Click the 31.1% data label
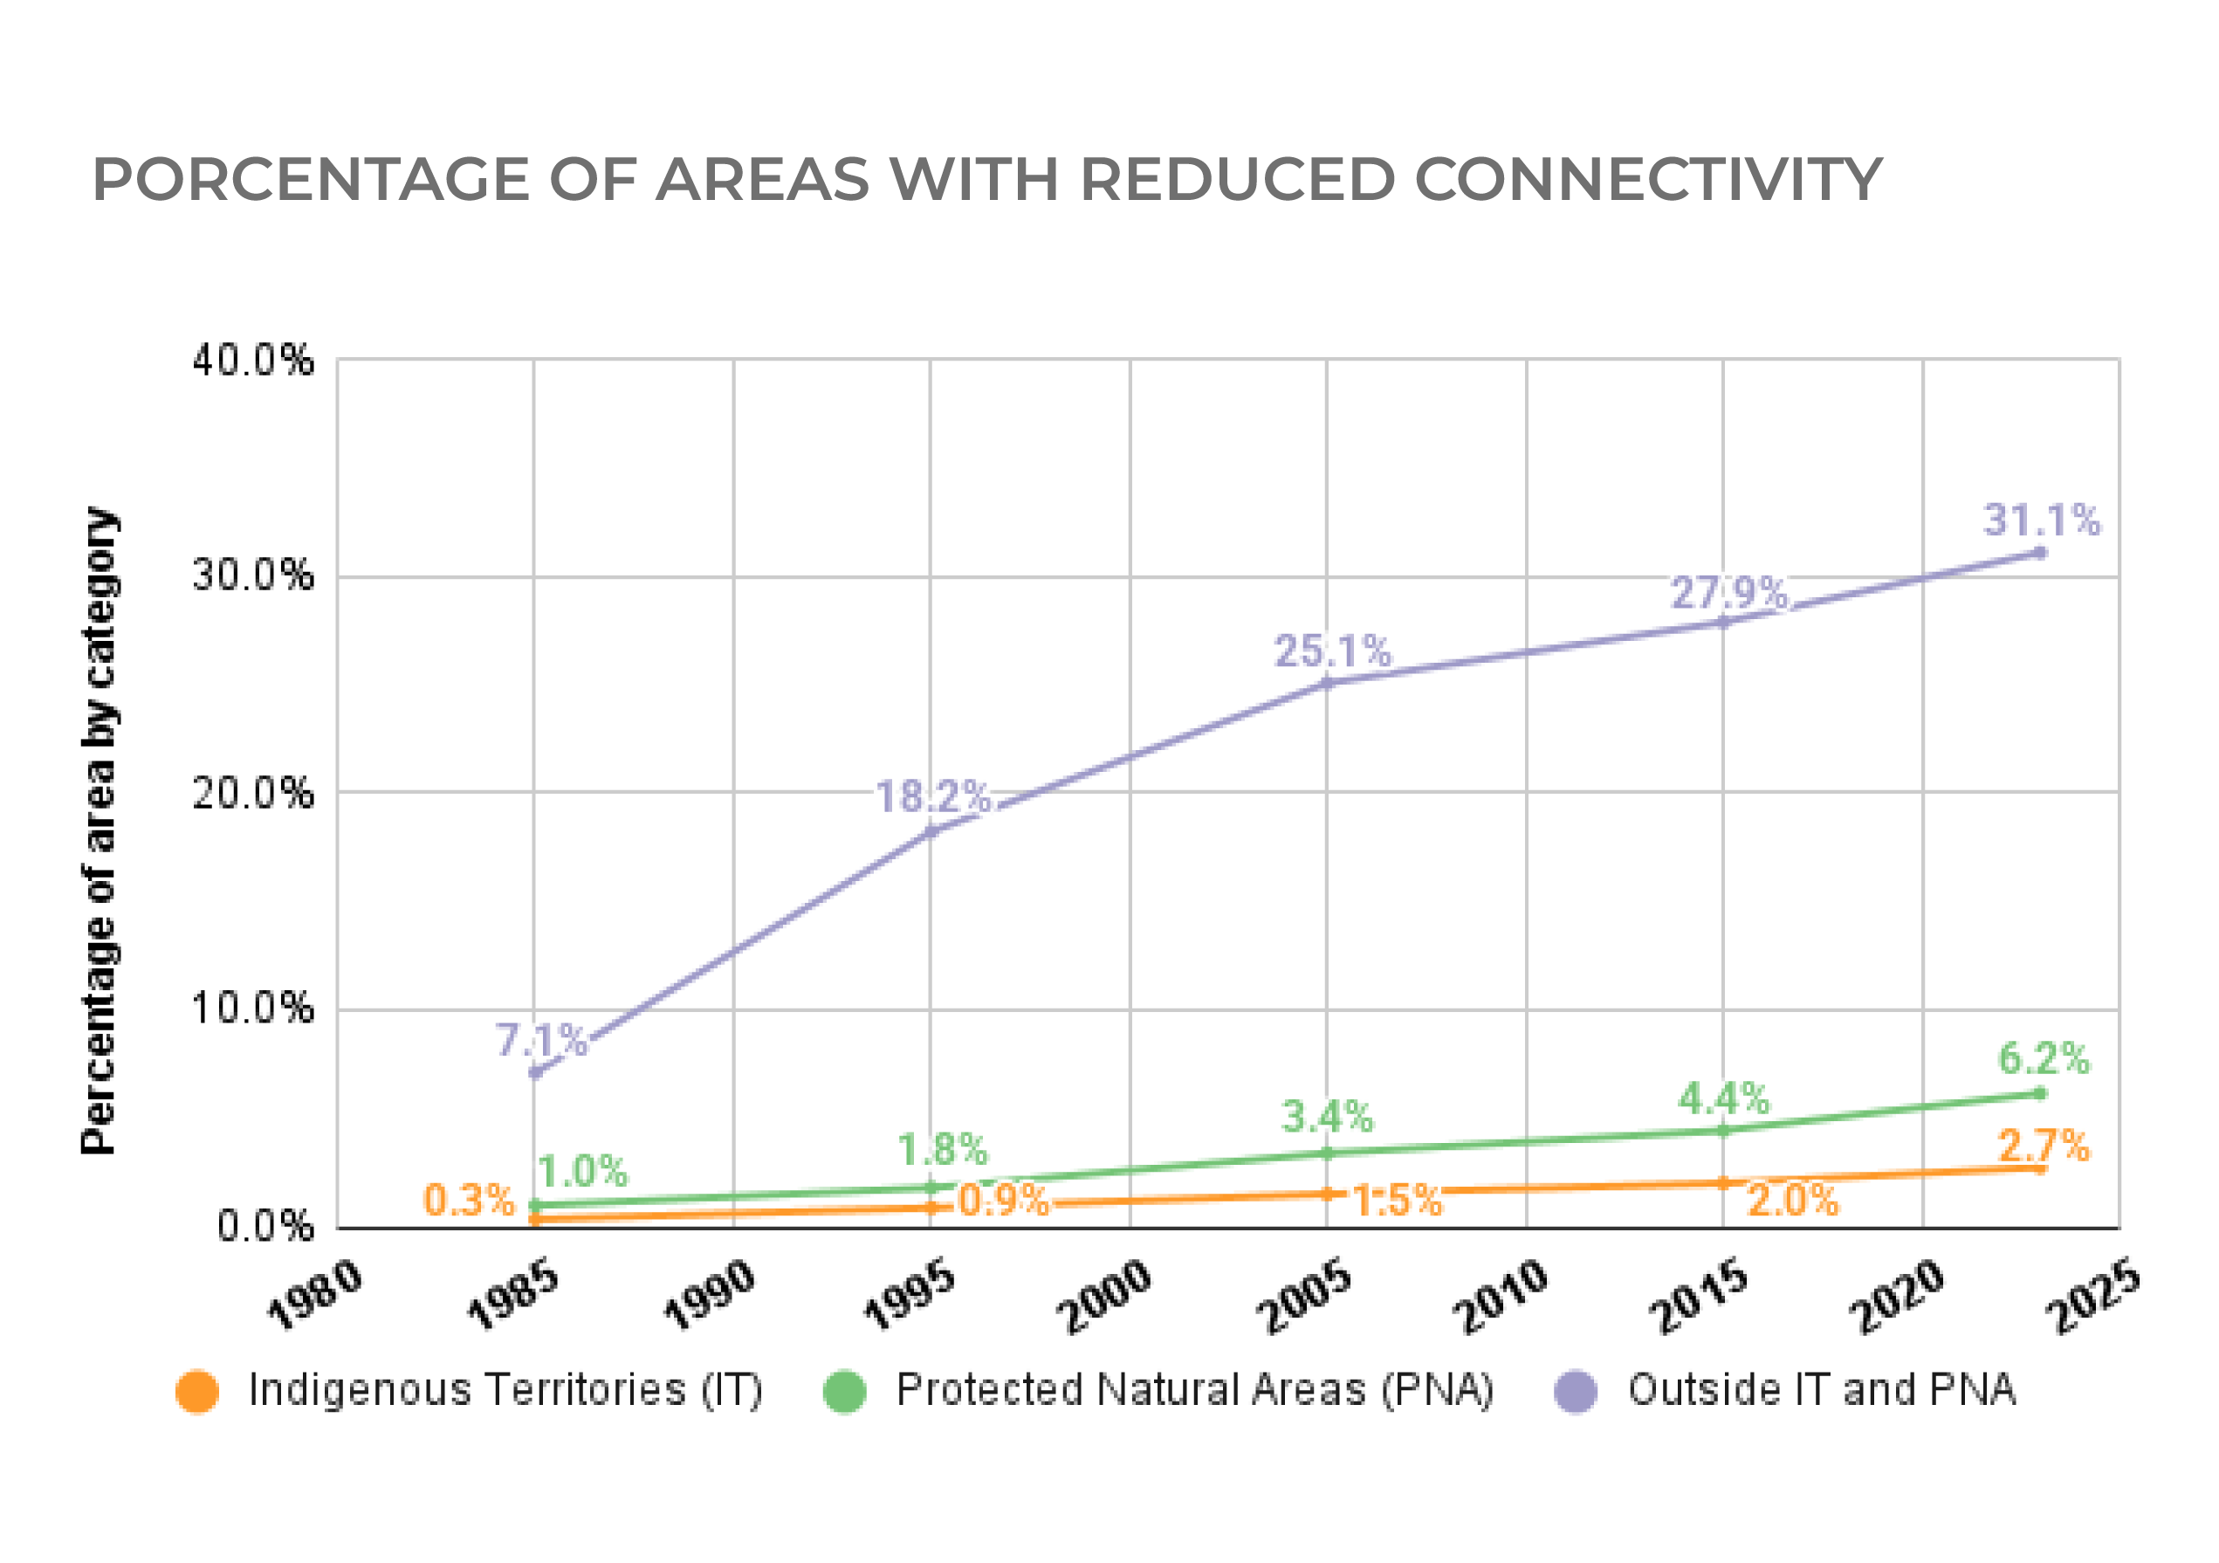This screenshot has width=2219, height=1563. [2041, 520]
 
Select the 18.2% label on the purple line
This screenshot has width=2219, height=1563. [932, 797]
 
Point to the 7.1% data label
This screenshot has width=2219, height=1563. [541, 1041]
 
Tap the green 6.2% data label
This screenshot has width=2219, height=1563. [2043, 1058]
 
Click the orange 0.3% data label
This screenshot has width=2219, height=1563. [469, 1201]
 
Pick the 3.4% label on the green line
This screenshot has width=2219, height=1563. [1327, 1118]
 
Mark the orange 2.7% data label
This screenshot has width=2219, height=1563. [2043, 1146]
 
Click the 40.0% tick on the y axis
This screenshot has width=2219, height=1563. [253, 361]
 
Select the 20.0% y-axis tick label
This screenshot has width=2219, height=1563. [253, 794]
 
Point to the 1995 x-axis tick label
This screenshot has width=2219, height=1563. [909, 1296]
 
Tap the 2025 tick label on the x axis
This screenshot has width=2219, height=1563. [2095, 1296]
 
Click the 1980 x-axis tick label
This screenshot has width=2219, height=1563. [315, 1296]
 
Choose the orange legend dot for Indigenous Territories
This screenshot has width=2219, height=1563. [197, 1392]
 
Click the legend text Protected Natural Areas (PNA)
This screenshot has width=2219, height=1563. [1194, 1390]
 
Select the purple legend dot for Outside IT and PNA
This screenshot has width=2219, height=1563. [1576, 1392]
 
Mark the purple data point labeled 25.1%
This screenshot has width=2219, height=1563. [1327, 684]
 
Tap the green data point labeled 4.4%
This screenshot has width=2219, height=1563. [1722, 1130]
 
